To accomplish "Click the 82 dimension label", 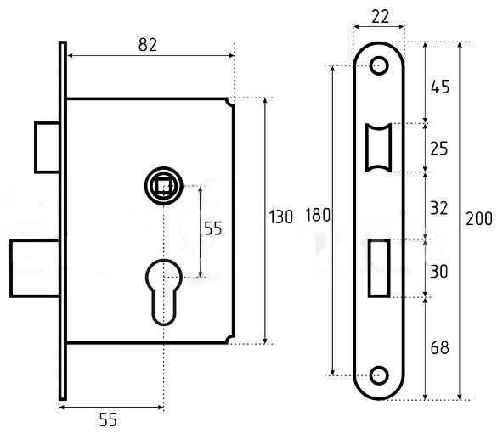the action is point(148,45).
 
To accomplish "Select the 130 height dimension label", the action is point(280,217).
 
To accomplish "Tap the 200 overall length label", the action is point(479,219).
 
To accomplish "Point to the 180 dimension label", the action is point(318,215).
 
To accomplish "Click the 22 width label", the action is point(380,17).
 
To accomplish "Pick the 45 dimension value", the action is point(440,87).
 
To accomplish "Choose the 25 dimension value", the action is point(438,149).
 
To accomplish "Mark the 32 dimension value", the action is point(438,208).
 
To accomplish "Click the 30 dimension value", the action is point(438,272).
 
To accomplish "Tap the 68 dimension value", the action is point(439,348).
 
